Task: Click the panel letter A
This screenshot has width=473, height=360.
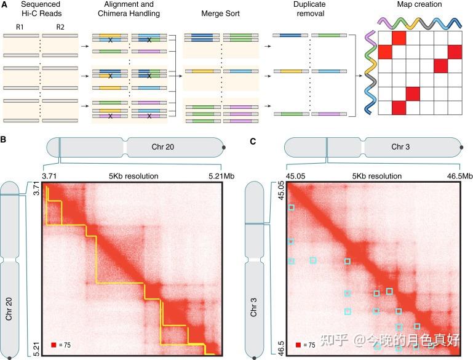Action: (x=4, y=5)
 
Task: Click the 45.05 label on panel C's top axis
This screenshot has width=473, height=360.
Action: (x=296, y=177)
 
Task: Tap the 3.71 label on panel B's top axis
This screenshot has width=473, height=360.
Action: (x=50, y=177)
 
